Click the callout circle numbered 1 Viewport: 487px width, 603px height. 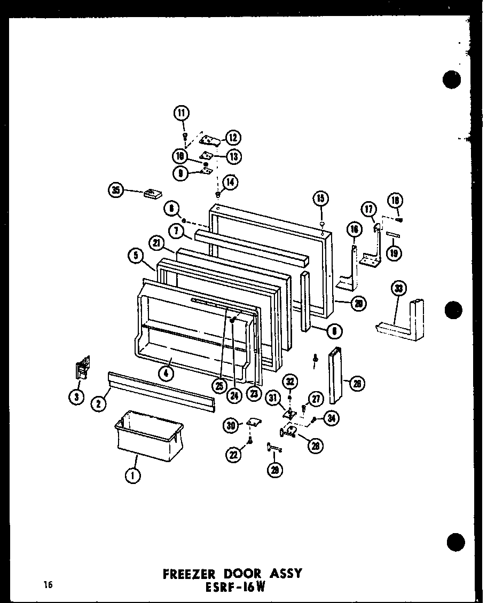point(133,474)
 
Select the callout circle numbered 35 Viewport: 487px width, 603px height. point(115,190)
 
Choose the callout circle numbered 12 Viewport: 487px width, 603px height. point(233,138)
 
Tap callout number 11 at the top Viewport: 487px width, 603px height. point(182,113)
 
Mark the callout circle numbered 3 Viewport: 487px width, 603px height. point(79,396)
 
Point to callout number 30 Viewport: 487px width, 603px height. point(231,425)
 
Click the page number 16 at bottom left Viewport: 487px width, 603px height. point(49,586)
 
